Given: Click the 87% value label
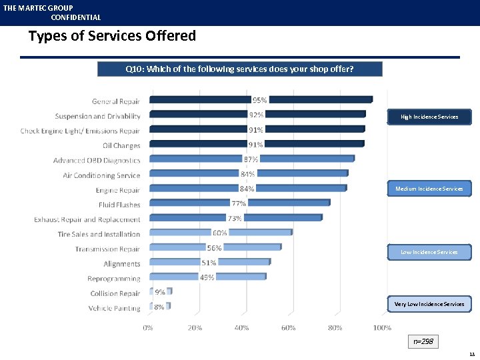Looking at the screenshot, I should [251, 159].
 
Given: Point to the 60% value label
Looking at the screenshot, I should [219, 233].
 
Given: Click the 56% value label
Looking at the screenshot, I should [213, 248].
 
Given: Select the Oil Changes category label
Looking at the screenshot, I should [121, 146].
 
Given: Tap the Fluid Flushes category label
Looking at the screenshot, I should [119, 205].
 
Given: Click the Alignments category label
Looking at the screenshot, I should [122, 264].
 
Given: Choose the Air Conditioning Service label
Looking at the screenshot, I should [101, 175].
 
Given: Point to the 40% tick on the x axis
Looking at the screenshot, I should [241, 328].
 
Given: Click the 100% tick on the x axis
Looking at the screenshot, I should [382, 328].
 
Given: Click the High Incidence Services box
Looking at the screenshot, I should [429, 117].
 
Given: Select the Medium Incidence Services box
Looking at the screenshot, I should [429, 189].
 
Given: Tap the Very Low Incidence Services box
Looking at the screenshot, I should [429, 304].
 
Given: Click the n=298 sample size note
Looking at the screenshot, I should [423, 342].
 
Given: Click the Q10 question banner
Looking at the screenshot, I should [240, 69].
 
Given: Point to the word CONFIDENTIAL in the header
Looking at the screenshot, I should [75, 18].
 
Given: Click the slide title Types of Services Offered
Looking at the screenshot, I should [112, 36].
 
